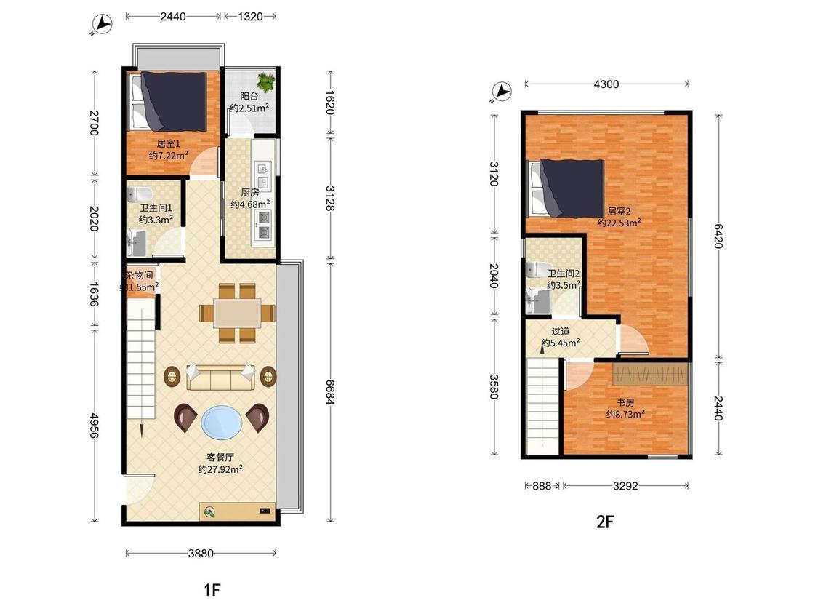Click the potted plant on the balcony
click(266, 81)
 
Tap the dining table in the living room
click(237, 314)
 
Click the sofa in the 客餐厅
click(220, 377)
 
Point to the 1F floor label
click(212, 590)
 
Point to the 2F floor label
click(605, 522)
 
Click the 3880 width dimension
click(201, 553)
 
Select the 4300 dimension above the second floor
click(606, 84)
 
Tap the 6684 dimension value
click(329, 391)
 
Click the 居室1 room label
click(168, 143)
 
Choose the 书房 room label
click(625, 402)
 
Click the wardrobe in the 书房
click(651, 374)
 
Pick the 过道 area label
click(561, 331)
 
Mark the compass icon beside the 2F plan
click(501, 92)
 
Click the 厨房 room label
click(250, 192)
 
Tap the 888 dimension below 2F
click(542, 485)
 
